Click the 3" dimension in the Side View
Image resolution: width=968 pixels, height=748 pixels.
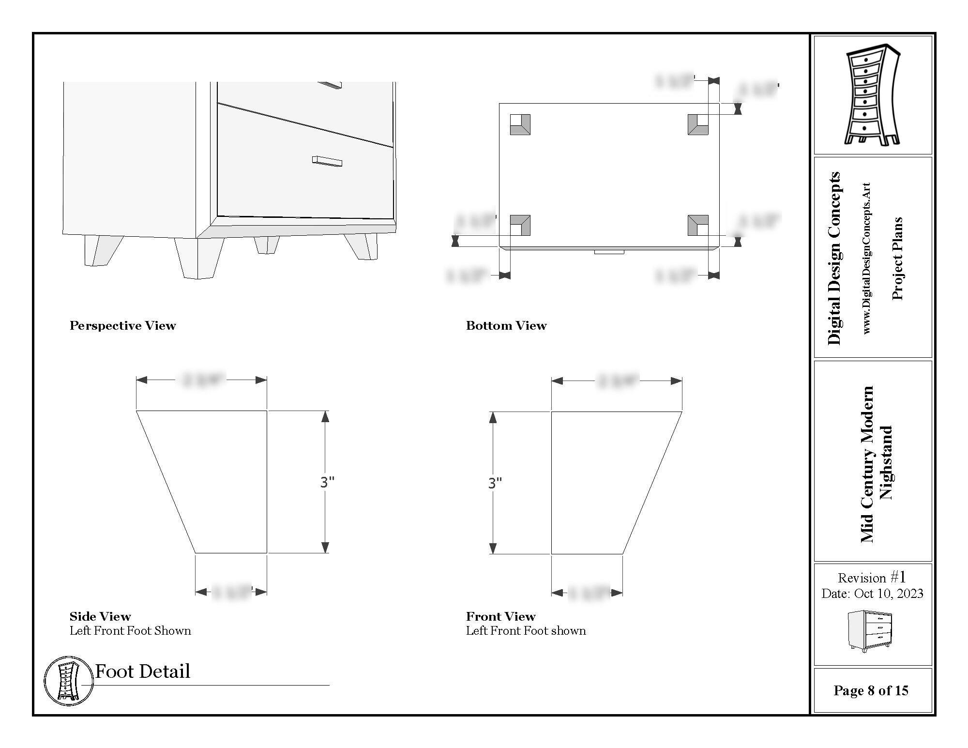327,482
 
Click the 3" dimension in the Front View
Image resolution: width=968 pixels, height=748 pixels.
495,483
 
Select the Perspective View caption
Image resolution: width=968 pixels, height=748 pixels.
122,325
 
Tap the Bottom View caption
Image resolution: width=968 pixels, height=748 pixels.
506,325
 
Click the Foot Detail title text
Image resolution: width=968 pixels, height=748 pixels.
142,671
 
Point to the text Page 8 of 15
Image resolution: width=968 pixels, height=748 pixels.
871,690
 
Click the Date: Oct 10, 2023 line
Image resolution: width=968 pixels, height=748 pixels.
872,594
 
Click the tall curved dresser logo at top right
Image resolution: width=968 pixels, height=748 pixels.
872,94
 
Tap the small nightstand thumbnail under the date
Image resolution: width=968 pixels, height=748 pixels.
870,631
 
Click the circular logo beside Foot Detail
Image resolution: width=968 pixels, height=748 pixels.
68,681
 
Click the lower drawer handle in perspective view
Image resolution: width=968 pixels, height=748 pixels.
327,161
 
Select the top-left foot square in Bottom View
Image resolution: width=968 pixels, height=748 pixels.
520,124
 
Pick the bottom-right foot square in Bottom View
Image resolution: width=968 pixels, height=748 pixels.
697,226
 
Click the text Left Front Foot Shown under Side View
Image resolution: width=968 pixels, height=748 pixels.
130,630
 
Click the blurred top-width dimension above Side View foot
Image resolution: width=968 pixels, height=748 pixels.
203,380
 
